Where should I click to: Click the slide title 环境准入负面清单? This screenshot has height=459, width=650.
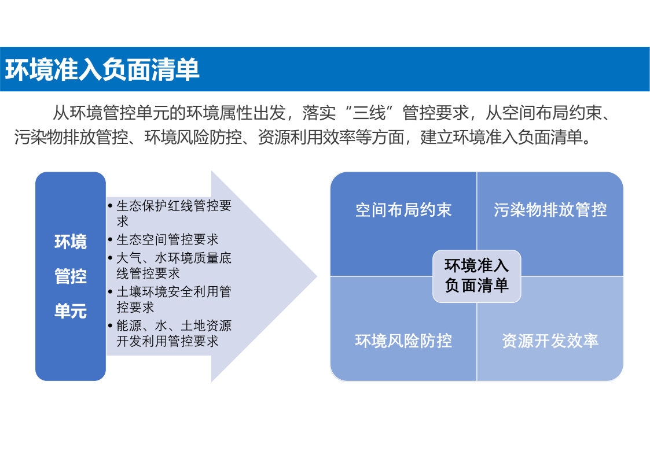(102, 69)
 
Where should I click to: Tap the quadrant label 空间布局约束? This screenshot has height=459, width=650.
(403, 210)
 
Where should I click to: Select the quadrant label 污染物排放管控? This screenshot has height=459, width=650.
(550, 210)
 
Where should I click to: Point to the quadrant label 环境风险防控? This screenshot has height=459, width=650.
(403, 340)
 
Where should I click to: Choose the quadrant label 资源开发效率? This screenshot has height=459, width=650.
(550, 340)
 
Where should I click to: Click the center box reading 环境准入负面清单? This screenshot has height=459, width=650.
(477, 276)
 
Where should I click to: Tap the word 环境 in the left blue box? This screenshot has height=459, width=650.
(71, 242)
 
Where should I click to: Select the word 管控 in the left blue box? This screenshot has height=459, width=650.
(71, 276)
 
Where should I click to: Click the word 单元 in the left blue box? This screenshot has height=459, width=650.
(71, 311)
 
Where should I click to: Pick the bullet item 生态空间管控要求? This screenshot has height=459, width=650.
(167, 239)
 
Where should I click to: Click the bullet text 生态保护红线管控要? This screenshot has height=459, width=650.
(174, 205)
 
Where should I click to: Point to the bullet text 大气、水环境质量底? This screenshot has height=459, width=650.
(174, 258)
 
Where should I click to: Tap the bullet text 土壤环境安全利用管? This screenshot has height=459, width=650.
(174, 292)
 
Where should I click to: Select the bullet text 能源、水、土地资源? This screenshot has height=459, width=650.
(174, 325)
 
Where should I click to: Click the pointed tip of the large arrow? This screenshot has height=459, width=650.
(317, 276)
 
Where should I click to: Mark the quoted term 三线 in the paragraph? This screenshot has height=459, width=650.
(369, 113)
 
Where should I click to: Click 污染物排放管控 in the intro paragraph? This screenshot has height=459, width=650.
(71, 137)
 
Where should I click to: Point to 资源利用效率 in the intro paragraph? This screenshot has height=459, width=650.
(307, 137)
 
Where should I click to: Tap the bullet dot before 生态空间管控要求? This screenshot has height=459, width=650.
(111, 240)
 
